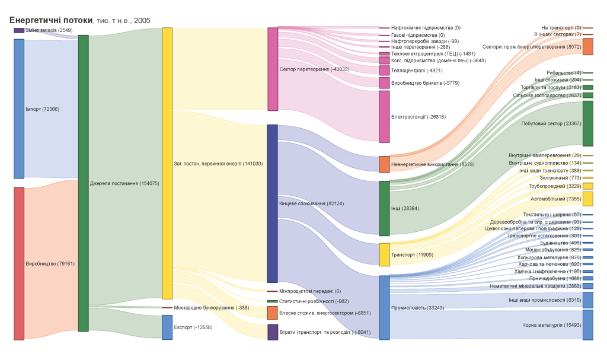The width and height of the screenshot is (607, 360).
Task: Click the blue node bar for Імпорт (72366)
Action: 19,109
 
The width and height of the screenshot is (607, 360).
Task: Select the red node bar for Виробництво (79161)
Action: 19,263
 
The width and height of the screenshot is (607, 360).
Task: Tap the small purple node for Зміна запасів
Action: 19,30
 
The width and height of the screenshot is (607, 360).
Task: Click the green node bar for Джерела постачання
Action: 84,183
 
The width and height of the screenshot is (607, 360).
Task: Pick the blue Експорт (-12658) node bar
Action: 167,327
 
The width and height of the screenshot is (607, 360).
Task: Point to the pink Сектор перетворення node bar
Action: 273,69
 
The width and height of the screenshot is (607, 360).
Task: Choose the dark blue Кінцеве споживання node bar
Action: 273,203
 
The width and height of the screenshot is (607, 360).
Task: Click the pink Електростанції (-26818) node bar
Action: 385,116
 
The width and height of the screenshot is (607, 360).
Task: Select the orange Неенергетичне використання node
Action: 385,164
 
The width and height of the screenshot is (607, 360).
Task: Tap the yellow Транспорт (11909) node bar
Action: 385,254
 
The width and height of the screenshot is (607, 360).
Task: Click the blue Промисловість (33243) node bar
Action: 385,307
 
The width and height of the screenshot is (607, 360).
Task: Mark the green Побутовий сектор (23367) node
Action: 587,123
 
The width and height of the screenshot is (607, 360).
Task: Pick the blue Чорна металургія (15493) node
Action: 587,324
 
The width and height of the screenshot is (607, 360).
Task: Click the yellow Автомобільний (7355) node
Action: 587,199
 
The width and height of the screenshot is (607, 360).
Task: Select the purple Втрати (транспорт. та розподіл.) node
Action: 273,332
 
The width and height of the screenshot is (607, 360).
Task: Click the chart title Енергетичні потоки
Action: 51,20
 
